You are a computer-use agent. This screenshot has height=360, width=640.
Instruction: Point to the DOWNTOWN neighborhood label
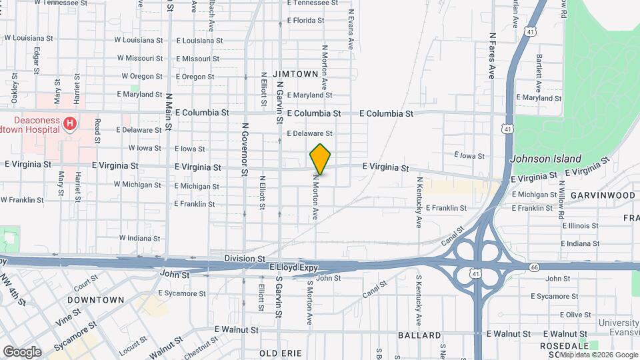[x=96, y=300]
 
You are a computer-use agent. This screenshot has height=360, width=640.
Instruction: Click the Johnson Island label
[x=546, y=159]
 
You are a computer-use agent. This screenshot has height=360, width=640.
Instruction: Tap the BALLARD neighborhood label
[x=419, y=335]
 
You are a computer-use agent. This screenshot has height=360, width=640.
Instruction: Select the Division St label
[x=245, y=258]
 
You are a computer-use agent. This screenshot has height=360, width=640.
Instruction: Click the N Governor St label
[x=245, y=149]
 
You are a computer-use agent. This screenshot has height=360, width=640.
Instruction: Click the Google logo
[x=22, y=352]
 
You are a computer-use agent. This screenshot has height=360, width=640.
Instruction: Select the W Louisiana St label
[x=139, y=39]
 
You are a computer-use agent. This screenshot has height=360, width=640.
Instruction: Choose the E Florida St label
[x=310, y=20]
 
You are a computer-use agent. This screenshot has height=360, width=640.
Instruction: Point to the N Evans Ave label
[x=349, y=29]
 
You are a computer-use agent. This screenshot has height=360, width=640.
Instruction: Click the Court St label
[x=86, y=285]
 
